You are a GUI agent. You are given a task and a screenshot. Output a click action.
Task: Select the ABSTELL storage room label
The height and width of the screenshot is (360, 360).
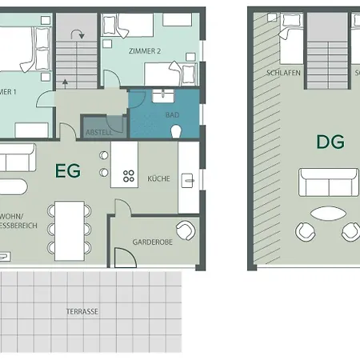tap(99, 132)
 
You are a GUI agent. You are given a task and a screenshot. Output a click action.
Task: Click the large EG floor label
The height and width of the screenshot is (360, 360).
tap(68, 170)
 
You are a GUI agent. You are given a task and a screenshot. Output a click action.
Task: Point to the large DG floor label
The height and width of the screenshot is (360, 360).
tap(330, 143)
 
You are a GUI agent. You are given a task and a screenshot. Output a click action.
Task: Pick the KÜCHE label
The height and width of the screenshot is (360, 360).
tap(158, 178)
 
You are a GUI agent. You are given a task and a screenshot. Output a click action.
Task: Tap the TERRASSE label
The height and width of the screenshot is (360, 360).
tap(82, 311)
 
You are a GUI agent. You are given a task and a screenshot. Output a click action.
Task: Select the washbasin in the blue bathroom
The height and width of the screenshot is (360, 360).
tap(166, 95)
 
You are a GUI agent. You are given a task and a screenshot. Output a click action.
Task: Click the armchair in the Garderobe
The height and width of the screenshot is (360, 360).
tap(185, 230)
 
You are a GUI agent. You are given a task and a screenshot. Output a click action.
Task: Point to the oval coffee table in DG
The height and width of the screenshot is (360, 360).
tap(329, 214)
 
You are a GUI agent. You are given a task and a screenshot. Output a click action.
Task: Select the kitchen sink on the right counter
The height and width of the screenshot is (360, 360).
tap(188, 180)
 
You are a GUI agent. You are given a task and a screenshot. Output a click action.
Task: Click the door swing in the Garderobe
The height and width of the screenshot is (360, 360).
tap(124, 257)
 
